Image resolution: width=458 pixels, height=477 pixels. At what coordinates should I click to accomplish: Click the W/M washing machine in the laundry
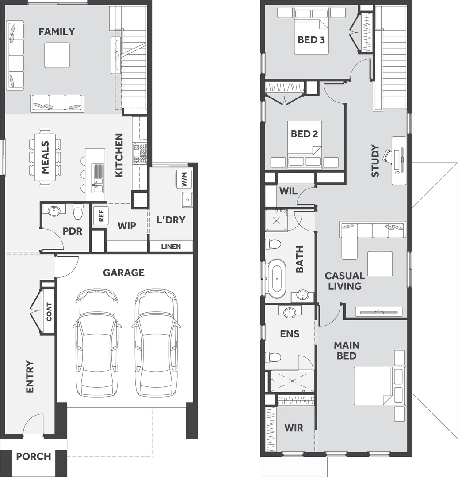(x=184, y=179)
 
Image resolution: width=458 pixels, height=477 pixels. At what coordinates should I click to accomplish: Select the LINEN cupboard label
(x=171, y=246)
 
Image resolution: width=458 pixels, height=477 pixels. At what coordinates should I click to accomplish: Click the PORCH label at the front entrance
(x=34, y=456)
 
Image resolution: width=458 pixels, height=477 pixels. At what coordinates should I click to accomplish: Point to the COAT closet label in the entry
(x=49, y=311)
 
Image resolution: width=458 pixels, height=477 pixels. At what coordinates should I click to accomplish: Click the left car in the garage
(x=97, y=342)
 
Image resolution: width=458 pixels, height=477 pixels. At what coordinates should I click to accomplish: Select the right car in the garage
(x=156, y=342)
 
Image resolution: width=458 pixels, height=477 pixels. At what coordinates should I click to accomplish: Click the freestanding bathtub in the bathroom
(x=277, y=278)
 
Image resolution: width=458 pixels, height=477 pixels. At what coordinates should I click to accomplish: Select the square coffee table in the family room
(x=57, y=55)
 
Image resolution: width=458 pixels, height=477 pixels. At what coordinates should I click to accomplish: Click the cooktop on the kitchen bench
(x=140, y=153)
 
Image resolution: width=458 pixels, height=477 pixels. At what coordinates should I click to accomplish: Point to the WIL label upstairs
(x=288, y=191)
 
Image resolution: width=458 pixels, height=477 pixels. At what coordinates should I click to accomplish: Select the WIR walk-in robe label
(x=294, y=428)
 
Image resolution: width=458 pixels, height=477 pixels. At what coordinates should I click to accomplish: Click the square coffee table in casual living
(x=380, y=264)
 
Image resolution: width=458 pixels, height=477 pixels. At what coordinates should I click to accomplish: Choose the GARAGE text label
(x=124, y=273)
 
